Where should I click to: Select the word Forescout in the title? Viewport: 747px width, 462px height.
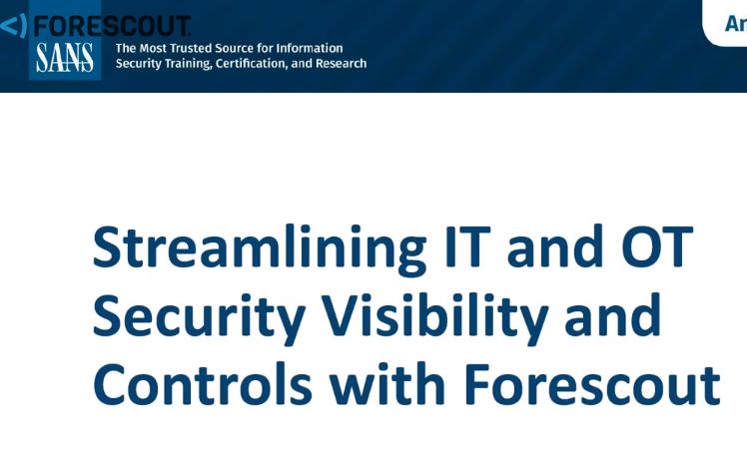click(594, 384)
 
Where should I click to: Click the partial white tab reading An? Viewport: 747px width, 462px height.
click(735, 22)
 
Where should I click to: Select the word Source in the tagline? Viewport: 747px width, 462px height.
click(247, 48)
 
